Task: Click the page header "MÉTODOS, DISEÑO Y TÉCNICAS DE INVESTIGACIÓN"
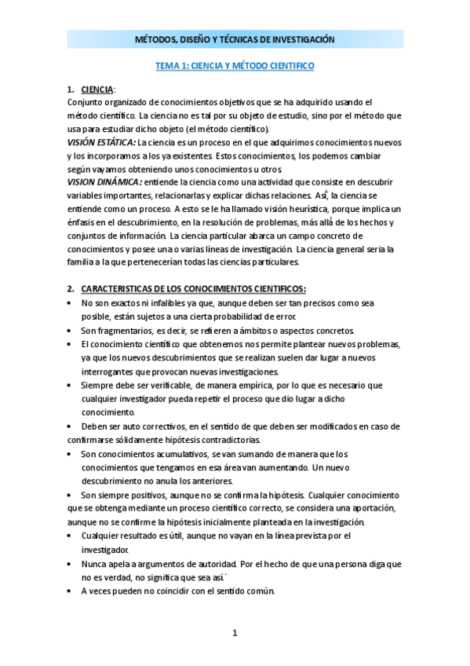tap(235, 39)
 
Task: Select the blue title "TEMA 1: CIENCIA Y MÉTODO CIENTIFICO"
tap(235, 67)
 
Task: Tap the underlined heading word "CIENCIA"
tap(97, 89)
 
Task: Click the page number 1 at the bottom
tap(235, 633)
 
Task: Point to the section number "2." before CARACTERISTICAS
tap(71, 289)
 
